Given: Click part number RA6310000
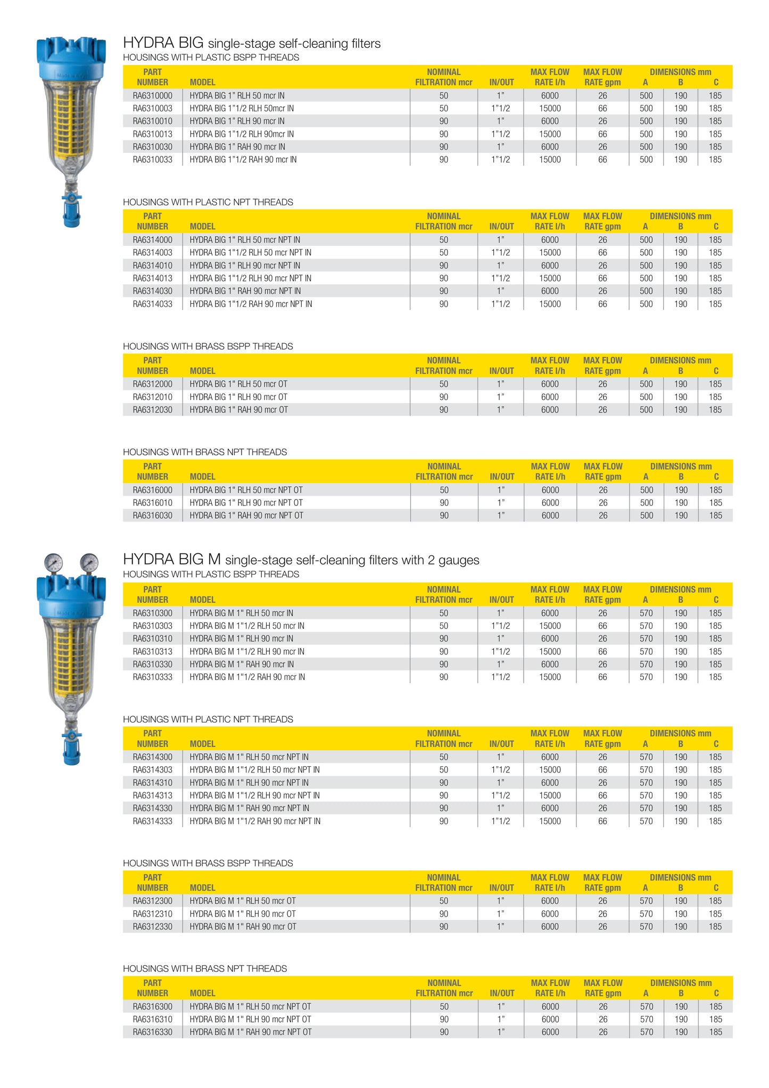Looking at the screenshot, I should [x=152, y=96].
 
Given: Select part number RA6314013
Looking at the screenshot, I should [x=152, y=278].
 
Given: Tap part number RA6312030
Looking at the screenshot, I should [x=152, y=410].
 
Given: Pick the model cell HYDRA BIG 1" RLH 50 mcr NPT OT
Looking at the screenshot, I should [x=246, y=490].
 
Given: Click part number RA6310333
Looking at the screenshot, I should [x=152, y=677].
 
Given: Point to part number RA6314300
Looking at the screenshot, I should [x=152, y=757].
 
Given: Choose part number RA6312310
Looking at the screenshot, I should [x=152, y=914].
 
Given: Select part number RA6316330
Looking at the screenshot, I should [x=152, y=1032].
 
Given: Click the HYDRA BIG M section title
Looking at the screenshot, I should [x=301, y=560].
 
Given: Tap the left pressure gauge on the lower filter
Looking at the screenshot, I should [x=53, y=562].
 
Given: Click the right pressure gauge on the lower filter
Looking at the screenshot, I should [x=89, y=562].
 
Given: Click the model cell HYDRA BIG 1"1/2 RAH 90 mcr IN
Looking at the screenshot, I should [x=243, y=160].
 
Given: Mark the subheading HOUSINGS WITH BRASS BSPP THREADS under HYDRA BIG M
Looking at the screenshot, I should [x=208, y=863].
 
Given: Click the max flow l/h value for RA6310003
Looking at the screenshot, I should [x=550, y=109].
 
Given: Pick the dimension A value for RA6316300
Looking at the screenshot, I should [x=646, y=1007].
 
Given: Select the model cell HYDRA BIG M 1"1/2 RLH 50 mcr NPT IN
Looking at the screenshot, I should [x=254, y=770].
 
